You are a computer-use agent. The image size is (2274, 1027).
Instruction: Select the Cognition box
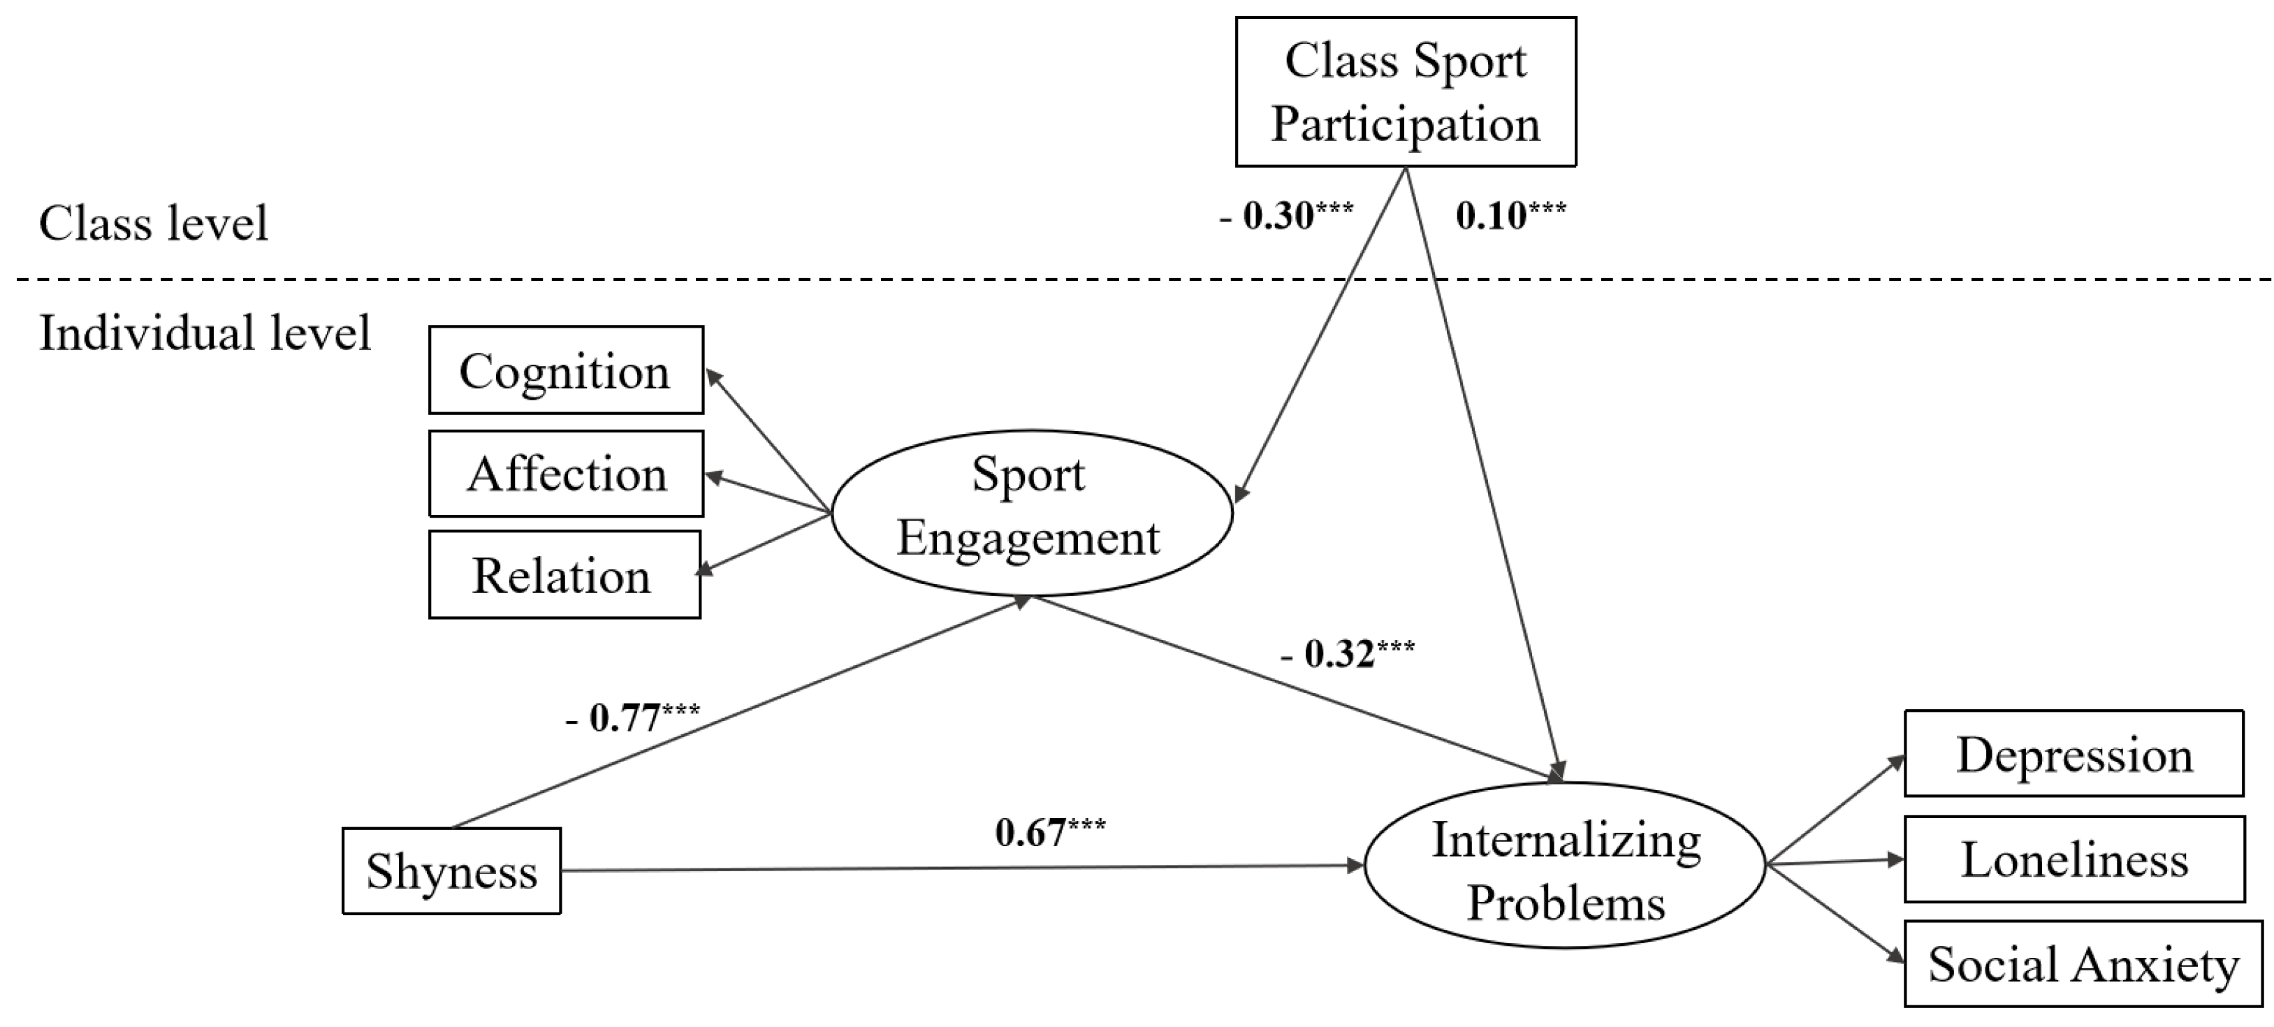coord(566,370)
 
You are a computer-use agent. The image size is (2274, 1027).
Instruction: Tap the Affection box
coord(566,473)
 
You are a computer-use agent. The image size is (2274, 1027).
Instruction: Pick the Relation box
coord(564,575)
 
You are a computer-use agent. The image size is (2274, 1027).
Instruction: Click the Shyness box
coord(451,871)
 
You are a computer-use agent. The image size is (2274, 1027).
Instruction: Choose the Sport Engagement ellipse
coord(1030,512)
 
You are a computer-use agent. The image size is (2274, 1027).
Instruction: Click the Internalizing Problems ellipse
coord(1564,866)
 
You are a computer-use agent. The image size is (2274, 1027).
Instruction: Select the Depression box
coord(2073,753)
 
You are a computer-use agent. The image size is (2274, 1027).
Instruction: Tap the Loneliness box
coord(2073,859)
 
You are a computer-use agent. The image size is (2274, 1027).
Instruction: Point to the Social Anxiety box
coord(2083,963)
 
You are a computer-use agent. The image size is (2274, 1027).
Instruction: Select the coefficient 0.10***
coord(1510,215)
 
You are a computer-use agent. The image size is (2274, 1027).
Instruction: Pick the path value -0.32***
coord(1347,653)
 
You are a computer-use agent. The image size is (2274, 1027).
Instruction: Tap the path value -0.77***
coord(632,717)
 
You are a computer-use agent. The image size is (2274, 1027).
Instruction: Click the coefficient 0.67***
coord(1049,832)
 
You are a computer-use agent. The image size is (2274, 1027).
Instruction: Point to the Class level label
coord(153,223)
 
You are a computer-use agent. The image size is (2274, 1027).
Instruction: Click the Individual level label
coord(205,334)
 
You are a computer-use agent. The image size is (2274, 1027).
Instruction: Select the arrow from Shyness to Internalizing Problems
coord(962,868)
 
